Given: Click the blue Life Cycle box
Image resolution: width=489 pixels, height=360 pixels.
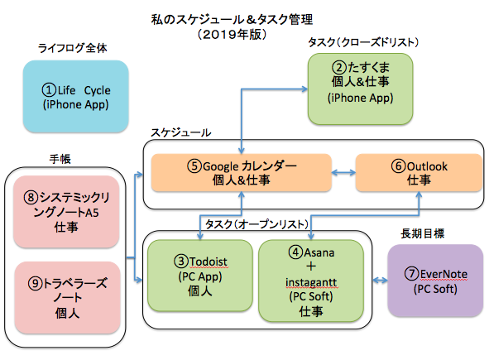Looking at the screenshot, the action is pos(76,96).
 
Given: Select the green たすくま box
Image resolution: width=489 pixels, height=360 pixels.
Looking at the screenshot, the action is pos(360,89).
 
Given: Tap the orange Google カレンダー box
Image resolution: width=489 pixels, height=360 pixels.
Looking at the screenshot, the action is pos(241,172).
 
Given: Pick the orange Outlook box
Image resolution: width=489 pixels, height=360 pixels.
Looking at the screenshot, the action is pos(419,172).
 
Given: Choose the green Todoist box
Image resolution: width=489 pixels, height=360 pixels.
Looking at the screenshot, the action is pos(200,276).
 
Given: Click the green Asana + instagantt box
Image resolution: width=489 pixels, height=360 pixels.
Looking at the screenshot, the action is pos(311,281).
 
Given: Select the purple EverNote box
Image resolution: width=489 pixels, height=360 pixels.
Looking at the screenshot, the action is pos(435,281).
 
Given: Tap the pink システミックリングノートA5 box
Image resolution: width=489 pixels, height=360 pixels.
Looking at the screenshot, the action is pos(66,212).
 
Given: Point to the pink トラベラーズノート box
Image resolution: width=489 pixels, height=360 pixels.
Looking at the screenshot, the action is pos(67,298).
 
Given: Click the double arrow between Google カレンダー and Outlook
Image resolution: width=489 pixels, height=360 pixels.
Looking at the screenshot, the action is pos(343,172).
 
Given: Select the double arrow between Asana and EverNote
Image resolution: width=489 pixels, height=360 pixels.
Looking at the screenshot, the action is pos(380,281).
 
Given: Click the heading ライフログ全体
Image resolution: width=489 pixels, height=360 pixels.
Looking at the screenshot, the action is pos(72,48).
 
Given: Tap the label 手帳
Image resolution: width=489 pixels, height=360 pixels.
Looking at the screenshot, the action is pos(60,159).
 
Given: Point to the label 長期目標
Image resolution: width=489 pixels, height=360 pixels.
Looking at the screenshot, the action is pos(422,233).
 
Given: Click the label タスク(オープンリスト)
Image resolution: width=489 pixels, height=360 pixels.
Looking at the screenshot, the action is pos(256,224).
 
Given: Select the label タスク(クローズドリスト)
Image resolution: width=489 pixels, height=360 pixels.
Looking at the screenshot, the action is pos(363,42).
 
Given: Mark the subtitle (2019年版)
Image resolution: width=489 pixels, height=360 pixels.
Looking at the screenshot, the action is pos(232,34).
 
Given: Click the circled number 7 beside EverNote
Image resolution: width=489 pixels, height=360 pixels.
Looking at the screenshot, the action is pos(411,274).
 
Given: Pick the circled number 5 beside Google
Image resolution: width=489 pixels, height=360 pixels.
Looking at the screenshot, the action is pos(194,166).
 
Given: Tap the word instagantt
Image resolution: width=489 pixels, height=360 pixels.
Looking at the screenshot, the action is pos(311,282).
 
